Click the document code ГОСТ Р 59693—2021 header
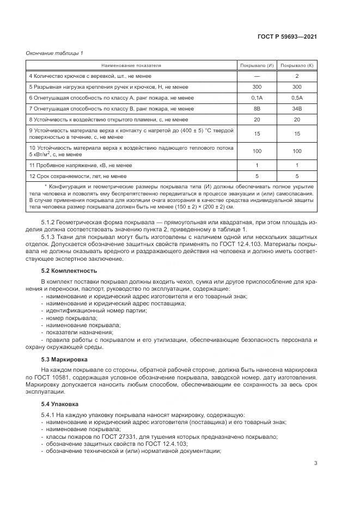[x=287, y=37]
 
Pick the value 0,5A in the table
[x=297, y=97]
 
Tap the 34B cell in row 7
[x=297, y=108]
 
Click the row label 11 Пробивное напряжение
[x=81, y=165]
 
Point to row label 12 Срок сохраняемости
[x=78, y=176]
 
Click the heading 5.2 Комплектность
[x=69, y=270]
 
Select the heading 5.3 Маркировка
[x=65, y=359]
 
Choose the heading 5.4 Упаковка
[x=61, y=404]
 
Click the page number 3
[x=316, y=463]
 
